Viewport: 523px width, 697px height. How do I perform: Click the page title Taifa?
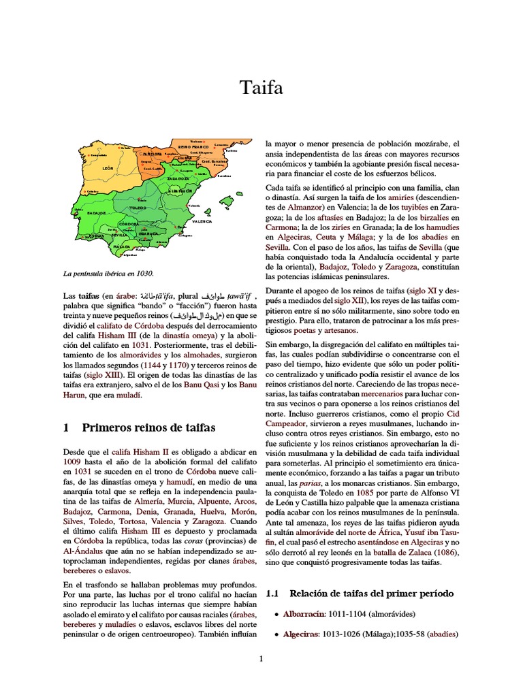tap(261, 87)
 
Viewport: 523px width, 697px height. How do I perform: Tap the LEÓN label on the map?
tap(107, 167)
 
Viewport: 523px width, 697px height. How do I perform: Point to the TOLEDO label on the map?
tap(140, 210)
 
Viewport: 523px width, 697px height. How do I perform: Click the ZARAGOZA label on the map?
tap(178, 178)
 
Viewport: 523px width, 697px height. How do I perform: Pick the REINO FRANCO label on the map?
tap(193, 147)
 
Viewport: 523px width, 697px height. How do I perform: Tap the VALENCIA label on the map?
tap(202, 222)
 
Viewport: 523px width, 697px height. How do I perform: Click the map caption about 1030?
tap(108, 274)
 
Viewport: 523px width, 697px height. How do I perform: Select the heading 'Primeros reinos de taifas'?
tap(148, 427)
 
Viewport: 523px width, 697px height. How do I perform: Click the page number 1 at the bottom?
tap(261, 659)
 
